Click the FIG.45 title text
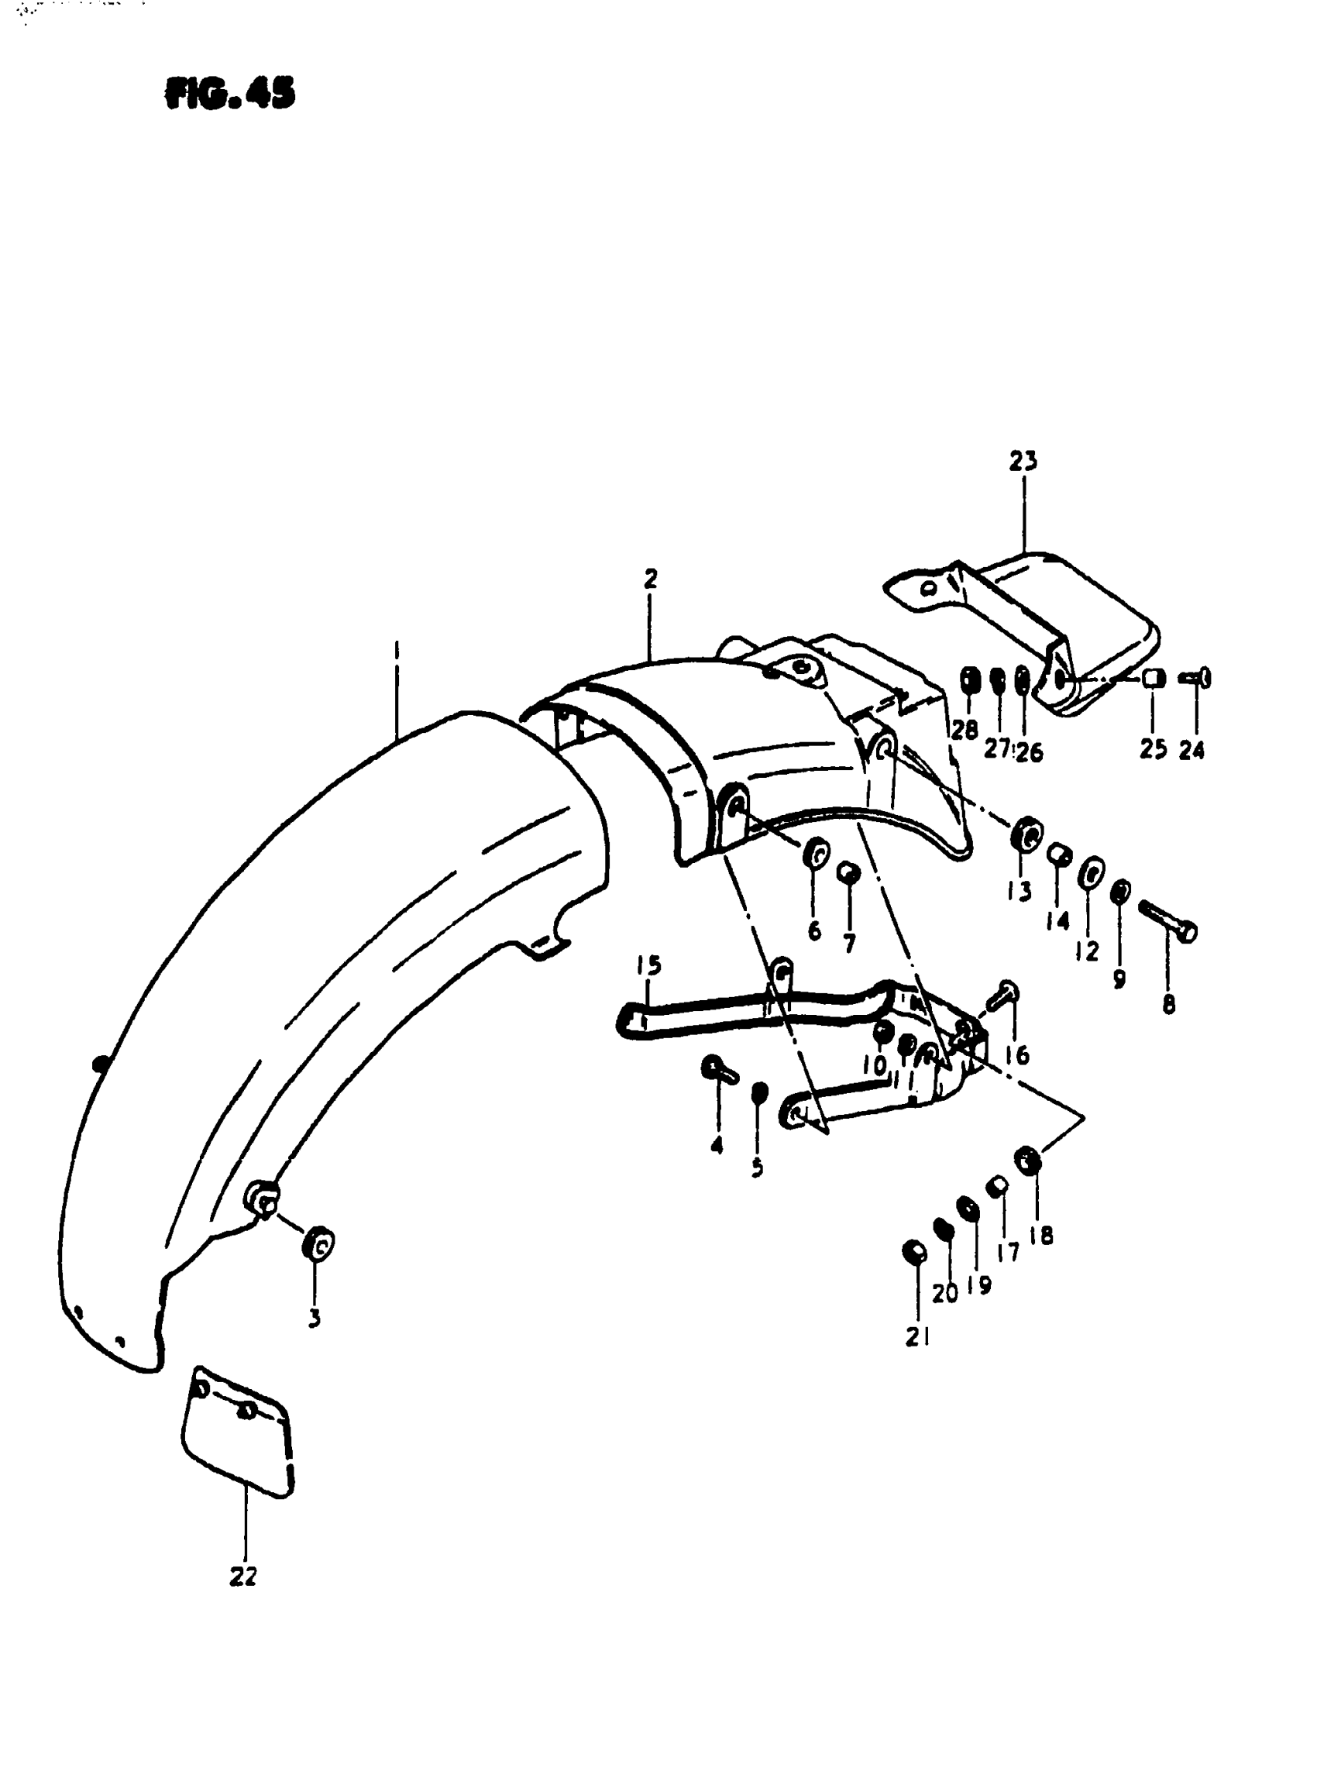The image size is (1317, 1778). [230, 93]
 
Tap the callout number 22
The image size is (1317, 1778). [243, 1576]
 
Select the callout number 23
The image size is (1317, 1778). [1023, 461]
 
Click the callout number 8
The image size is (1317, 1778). [1169, 1005]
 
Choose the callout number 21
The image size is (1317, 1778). [917, 1337]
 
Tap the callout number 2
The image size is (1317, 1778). [651, 579]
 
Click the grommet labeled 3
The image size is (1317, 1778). [318, 1244]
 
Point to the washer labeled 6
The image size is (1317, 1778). [814, 854]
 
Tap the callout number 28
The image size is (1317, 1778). [965, 728]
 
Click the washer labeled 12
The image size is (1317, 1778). [1092, 873]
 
